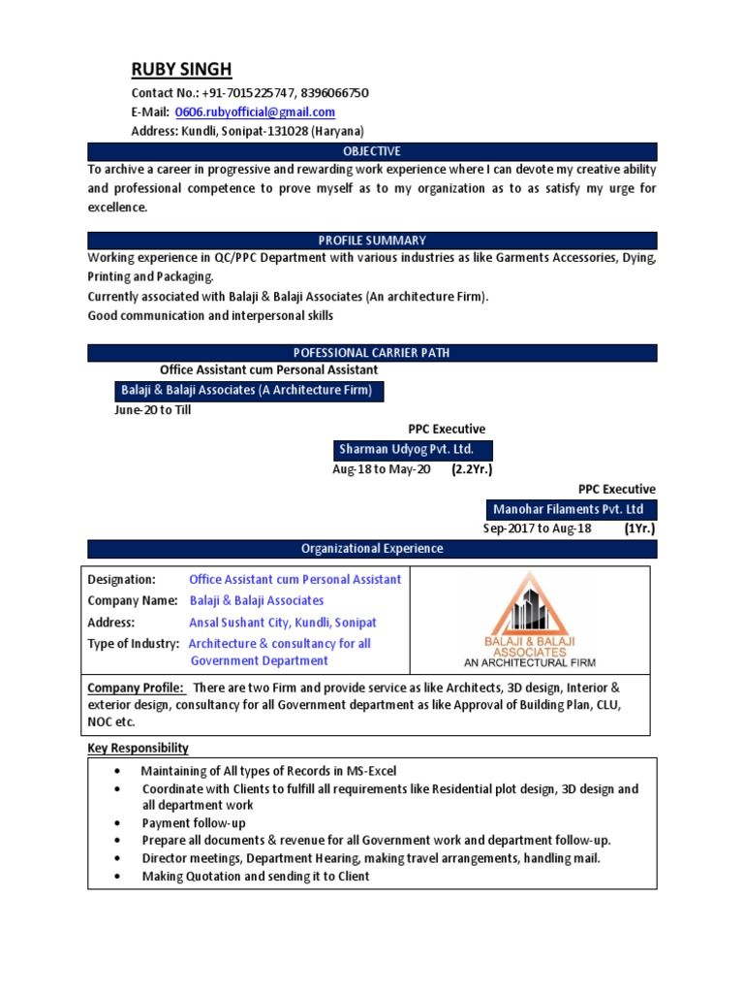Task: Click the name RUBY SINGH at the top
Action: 182,70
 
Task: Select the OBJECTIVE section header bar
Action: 372,152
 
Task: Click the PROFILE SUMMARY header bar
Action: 372,240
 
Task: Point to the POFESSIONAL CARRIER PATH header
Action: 372,353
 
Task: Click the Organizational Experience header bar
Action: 372,549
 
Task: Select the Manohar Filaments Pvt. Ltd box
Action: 569,510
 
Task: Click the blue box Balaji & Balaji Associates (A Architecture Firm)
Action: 246,391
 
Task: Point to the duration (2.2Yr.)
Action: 472,470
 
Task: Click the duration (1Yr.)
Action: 639,529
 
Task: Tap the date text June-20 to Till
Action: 153,410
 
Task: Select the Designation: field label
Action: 122,580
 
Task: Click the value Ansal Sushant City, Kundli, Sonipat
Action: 283,623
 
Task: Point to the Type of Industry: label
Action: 134,644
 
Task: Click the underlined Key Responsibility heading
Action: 139,749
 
